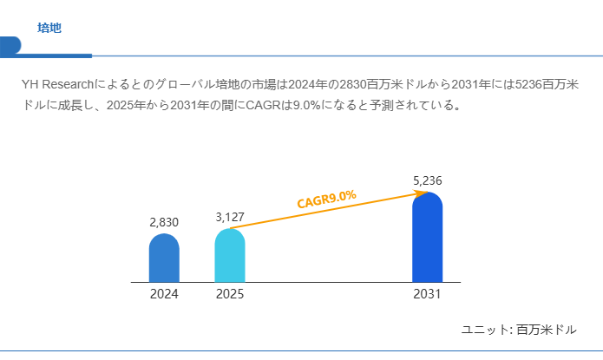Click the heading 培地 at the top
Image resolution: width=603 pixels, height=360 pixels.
coord(49,28)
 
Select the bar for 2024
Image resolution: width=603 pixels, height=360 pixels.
coord(164,259)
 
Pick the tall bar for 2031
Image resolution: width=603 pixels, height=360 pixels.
coord(427,238)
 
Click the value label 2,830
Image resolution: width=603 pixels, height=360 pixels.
coord(164,222)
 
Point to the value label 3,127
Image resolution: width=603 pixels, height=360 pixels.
coord(231,217)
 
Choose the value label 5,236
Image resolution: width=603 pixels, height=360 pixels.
coord(428,180)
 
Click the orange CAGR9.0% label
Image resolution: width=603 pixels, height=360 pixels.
coord(326,199)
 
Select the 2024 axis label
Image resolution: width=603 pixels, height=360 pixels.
coord(164,295)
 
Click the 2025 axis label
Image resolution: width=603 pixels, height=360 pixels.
coord(230,295)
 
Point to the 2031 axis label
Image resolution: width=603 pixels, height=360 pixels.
coord(427,295)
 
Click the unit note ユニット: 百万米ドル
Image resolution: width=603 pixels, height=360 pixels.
coord(519,330)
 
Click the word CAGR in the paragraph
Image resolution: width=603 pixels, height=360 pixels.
coord(264,106)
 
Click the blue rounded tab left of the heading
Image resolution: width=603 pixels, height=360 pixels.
coord(10,44)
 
